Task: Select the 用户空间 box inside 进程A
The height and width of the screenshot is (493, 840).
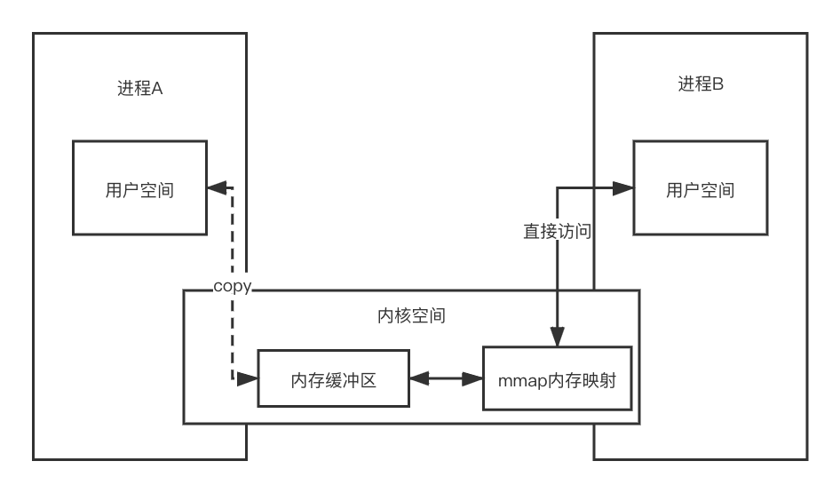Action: [x=139, y=187]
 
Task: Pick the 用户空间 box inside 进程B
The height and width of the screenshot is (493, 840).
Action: [x=700, y=189]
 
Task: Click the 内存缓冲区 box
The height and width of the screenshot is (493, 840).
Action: [x=334, y=378]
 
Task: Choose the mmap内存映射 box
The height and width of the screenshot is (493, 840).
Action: [x=560, y=378]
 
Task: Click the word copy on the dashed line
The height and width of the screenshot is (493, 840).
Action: [x=233, y=287]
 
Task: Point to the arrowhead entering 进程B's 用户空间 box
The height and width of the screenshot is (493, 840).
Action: [x=624, y=188]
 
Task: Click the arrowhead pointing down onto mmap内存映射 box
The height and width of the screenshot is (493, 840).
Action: [x=557, y=339]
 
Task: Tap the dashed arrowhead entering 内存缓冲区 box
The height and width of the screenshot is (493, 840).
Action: [x=250, y=378]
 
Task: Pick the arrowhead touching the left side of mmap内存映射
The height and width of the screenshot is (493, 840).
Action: [x=475, y=378]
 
